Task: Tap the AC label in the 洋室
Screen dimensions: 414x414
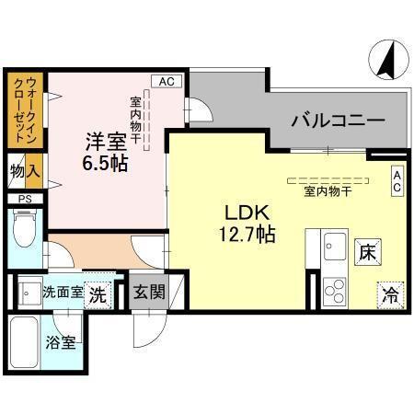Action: pyautogui.click(x=167, y=81)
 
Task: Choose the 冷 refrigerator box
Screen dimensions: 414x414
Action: pyautogui.click(x=390, y=296)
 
